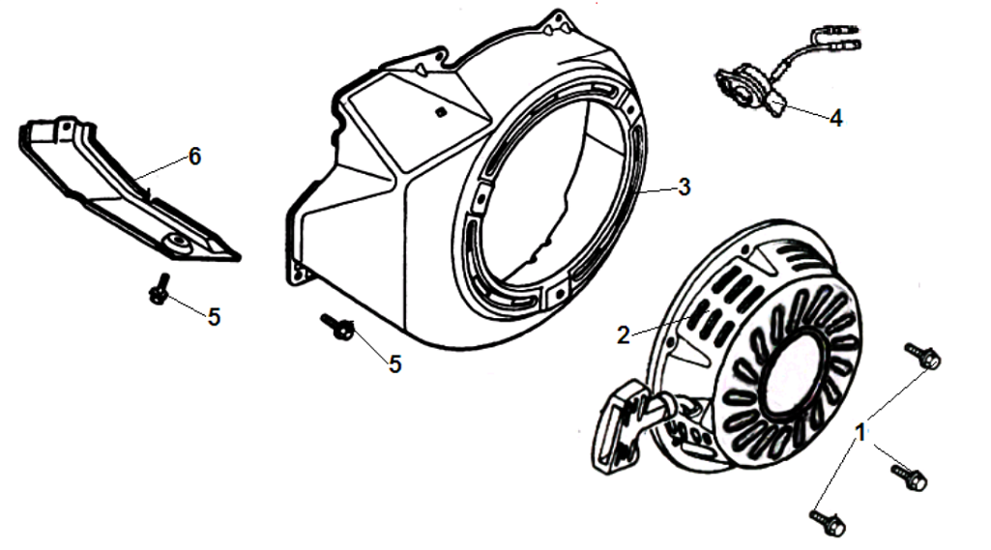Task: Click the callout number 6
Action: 194,157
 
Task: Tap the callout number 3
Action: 685,188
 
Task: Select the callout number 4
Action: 836,118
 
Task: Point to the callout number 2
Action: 624,335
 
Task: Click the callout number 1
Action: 860,433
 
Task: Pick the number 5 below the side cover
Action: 215,317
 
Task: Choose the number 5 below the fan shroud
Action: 395,364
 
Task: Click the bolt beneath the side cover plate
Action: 160,289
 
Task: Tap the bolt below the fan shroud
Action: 338,326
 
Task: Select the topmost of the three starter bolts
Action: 923,356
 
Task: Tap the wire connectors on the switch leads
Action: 836,37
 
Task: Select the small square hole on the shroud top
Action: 440,112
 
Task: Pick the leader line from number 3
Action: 657,189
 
